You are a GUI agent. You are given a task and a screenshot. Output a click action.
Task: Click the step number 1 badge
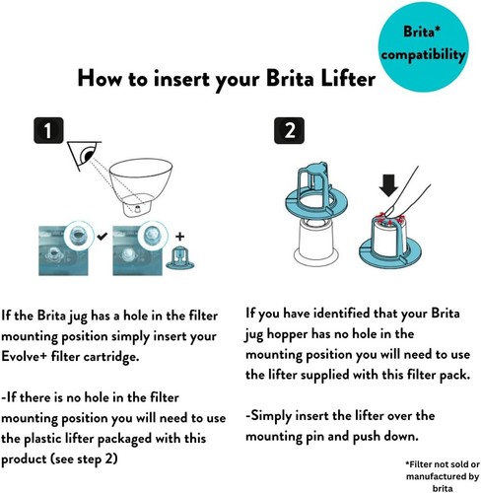point(48,130)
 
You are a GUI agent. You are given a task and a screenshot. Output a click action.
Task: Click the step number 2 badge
point(289,130)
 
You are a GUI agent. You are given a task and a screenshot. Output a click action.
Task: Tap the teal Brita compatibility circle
point(423,46)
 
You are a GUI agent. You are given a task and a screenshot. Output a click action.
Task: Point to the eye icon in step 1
point(84,156)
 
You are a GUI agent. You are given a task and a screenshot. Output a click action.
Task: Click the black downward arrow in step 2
point(388,185)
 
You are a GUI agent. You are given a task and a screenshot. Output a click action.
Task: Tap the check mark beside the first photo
point(103,236)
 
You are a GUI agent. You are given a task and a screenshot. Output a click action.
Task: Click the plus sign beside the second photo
point(179,237)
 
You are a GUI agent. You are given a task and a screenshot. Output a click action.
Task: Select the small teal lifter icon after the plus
point(180,257)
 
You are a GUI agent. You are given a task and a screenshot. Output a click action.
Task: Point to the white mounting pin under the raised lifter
point(316,243)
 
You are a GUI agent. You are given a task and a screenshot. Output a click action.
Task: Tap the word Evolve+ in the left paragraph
point(25,357)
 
